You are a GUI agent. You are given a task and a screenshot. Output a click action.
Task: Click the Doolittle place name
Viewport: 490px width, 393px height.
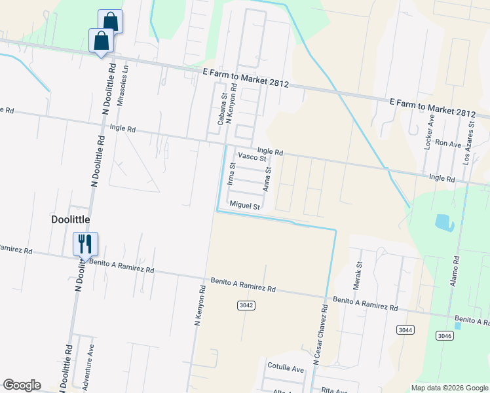(x=71, y=219)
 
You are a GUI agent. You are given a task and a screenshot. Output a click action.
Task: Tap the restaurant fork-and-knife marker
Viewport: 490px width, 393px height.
(x=85, y=244)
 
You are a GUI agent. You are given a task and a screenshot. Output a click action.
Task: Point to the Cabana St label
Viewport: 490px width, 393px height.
(x=223, y=108)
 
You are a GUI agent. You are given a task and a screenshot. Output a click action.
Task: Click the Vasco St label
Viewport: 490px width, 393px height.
(x=252, y=158)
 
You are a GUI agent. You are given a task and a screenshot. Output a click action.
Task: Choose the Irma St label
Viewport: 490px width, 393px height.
(x=231, y=174)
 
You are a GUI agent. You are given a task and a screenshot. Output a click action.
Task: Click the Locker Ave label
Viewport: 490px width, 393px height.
(x=430, y=133)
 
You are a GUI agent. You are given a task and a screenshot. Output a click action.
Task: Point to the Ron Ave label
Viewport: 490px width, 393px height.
(x=449, y=143)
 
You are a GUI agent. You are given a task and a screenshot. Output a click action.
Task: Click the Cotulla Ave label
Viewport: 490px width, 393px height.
(x=286, y=369)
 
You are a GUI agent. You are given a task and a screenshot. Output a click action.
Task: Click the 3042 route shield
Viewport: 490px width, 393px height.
(x=246, y=305)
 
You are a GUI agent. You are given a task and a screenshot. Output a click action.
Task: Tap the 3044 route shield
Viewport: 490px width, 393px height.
(x=405, y=329)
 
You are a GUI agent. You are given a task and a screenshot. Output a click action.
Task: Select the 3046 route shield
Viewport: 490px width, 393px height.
(x=443, y=335)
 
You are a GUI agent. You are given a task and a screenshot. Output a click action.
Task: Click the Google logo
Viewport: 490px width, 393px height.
(x=22, y=385)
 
